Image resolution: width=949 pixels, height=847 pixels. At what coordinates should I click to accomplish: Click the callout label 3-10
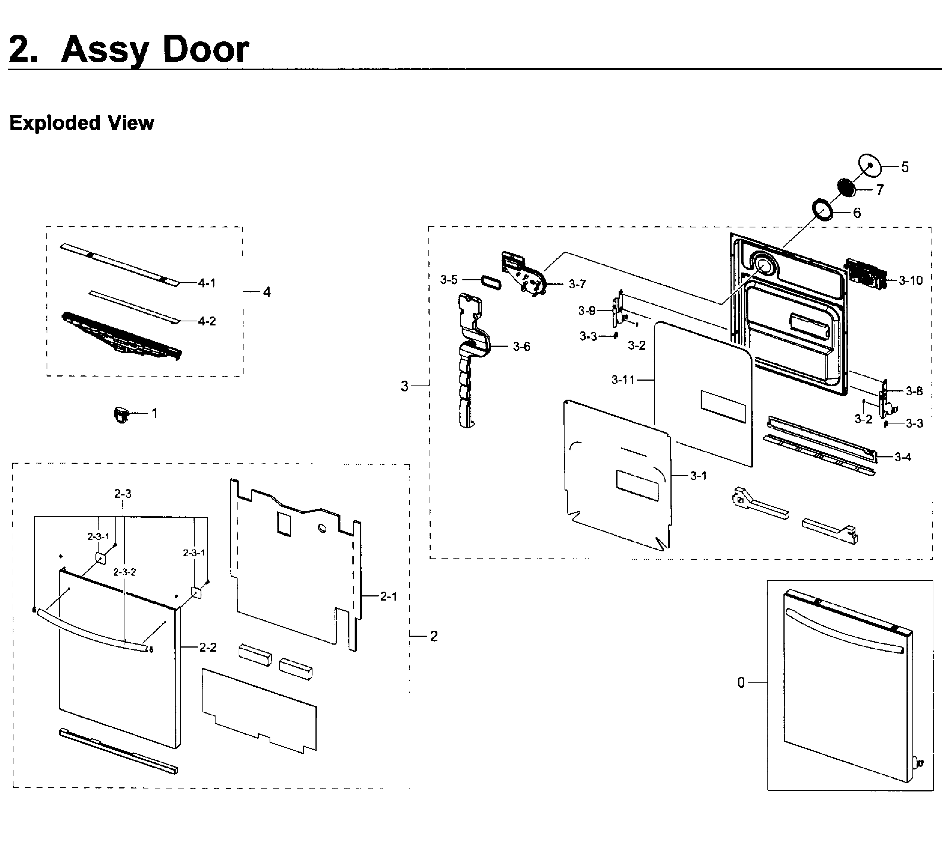tap(910, 281)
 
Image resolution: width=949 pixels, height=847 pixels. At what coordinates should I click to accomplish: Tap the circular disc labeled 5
tap(870, 166)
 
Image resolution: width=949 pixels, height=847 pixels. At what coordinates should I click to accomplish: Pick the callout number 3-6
tap(521, 347)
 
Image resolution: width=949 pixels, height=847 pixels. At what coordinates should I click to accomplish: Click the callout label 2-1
tap(389, 596)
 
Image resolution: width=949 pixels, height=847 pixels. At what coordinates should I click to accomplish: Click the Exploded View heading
tap(81, 123)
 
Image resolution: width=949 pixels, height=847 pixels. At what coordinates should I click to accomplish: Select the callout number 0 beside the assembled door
tap(741, 683)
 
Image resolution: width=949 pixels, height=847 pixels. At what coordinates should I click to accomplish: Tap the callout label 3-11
tap(623, 380)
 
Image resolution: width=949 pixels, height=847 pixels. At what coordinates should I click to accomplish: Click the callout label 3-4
tap(902, 457)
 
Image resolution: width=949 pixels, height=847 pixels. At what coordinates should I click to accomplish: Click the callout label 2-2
tap(208, 647)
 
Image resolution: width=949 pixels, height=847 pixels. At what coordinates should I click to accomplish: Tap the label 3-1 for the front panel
tap(698, 476)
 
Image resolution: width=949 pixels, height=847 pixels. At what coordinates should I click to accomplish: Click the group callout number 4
tap(267, 292)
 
